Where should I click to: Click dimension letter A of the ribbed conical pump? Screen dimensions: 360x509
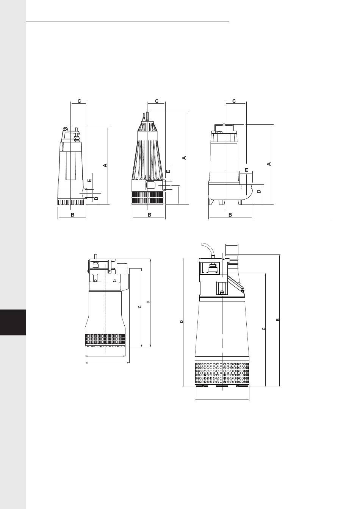coord(185,158)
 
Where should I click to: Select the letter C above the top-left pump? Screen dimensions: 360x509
coord(79,101)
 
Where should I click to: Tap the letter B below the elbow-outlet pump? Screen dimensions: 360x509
coord(230,215)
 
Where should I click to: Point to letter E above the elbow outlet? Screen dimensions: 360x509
coord(246,170)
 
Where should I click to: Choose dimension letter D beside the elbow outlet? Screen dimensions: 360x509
coord(259,191)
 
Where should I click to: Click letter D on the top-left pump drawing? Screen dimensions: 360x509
coord(96,198)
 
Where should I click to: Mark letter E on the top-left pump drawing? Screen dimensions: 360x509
coord(90,180)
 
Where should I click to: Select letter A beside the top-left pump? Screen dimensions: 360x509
coord(105,165)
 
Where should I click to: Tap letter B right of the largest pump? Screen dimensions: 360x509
coord(277,320)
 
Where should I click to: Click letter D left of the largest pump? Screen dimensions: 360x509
coord(181,322)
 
